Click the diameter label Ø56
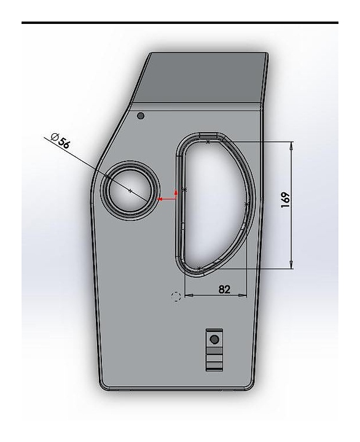(x=60, y=141)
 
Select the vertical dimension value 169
(x=285, y=200)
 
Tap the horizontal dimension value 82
(x=224, y=289)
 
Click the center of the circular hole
(x=130, y=191)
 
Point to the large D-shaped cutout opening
(x=214, y=203)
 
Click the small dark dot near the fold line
(x=140, y=115)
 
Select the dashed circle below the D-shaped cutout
(x=176, y=297)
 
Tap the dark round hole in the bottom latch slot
(x=214, y=339)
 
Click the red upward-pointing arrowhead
(x=176, y=193)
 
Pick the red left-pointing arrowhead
(x=159, y=199)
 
